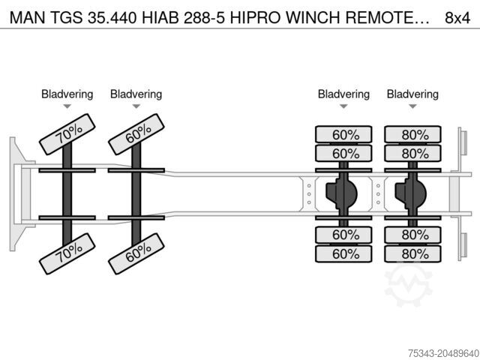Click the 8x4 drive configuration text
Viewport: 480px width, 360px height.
pos(457,18)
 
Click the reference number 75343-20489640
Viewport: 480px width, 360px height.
pos(443,353)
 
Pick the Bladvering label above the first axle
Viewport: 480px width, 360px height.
pos(67,94)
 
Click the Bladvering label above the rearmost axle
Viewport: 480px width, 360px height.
pos(412,94)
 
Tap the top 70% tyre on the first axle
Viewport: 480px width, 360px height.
pos(67,134)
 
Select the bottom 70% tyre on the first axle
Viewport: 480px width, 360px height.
pos(67,253)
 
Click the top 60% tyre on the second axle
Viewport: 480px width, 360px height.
pos(136,134)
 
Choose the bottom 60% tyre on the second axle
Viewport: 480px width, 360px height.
pos(136,253)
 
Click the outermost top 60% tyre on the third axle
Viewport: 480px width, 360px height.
pos(343,134)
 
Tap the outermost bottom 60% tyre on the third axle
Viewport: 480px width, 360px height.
pos(343,253)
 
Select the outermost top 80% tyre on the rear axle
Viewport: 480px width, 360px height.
pos(412,134)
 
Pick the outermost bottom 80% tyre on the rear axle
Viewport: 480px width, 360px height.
pos(412,253)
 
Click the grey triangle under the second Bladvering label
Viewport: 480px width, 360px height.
pos(136,106)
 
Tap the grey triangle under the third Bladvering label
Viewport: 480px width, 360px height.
pos(343,106)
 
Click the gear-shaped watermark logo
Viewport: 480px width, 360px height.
pos(408,285)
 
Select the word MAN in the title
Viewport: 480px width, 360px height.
pos(27,18)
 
